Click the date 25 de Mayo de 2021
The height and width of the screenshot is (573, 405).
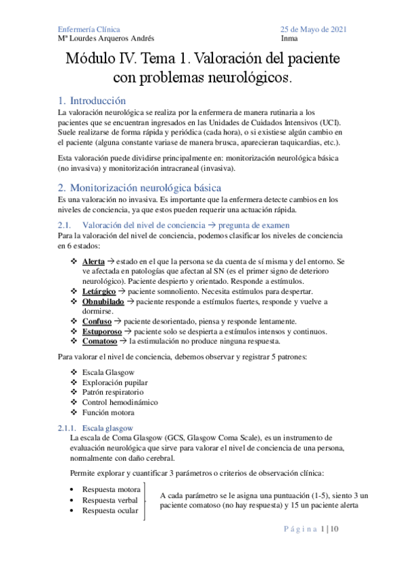[x=314, y=28]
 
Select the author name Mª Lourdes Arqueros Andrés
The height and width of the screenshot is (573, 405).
[x=106, y=39]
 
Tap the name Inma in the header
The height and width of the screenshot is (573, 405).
[x=289, y=39]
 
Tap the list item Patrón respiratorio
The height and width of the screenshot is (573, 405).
[x=111, y=393]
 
